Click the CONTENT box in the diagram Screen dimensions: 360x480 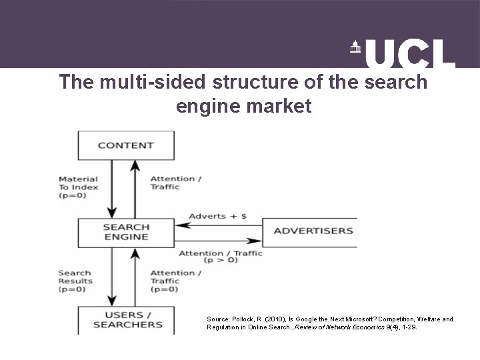point(126,145)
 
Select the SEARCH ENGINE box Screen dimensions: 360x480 point(126,232)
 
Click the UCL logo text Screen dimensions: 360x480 point(411,53)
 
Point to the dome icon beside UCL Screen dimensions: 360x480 point(354,47)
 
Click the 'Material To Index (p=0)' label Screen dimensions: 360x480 point(78,187)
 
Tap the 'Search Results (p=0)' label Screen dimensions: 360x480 point(75,281)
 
